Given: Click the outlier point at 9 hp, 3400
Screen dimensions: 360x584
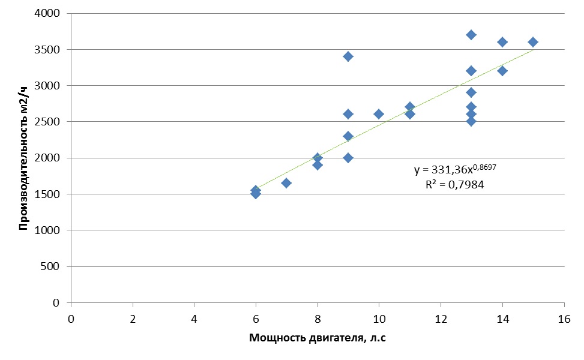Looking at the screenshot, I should coord(348,56).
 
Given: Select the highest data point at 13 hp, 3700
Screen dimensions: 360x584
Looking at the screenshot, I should coord(471,35).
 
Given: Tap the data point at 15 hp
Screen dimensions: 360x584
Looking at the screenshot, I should coord(533,42).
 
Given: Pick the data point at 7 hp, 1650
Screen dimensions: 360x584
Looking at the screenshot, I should coord(286,183).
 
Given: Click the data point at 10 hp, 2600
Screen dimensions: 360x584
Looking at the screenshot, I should coord(379,114).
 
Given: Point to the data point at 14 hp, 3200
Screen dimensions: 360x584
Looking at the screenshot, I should coord(502,71).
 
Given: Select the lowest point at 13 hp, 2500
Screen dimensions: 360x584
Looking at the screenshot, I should coord(471,121).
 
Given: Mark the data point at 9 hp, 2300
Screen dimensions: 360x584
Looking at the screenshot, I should coord(348,136).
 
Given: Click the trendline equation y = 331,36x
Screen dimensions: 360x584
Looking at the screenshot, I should coord(455,170).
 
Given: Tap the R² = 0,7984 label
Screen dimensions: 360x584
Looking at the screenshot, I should coord(454,185).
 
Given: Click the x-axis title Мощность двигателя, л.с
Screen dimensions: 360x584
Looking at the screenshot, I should coord(318,338).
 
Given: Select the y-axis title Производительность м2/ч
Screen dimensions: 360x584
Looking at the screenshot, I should coord(23,158).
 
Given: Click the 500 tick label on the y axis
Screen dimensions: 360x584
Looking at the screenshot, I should coord(55,266).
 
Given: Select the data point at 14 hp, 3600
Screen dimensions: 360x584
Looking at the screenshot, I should coord(502,42).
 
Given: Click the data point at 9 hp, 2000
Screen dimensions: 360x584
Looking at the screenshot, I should coord(348,158).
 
